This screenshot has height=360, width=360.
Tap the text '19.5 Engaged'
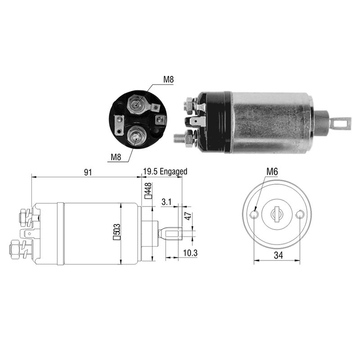click(x=165, y=171)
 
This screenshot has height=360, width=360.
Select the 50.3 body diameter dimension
click(x=116, y=234)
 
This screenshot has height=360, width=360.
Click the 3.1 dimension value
click(x=166, y=202)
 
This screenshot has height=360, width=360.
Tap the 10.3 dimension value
click(x=190, y=254)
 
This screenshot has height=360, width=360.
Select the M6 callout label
click(x=272, y=171)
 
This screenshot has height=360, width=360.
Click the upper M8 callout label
click(x=168, y=80)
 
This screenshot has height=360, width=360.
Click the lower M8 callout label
click(x=116, y=157)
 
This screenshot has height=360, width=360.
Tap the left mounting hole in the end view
click(x=254, y=215)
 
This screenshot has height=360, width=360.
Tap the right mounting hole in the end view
click(x=300, y=215)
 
